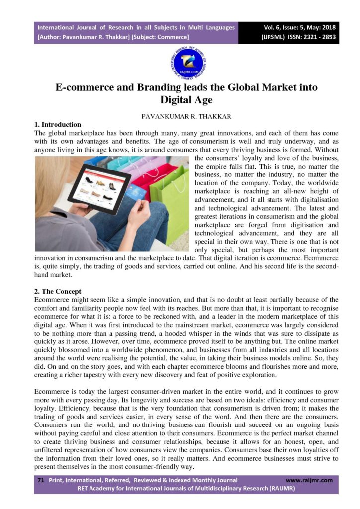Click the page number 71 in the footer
point(41,480)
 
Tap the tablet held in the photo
point(99,188)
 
